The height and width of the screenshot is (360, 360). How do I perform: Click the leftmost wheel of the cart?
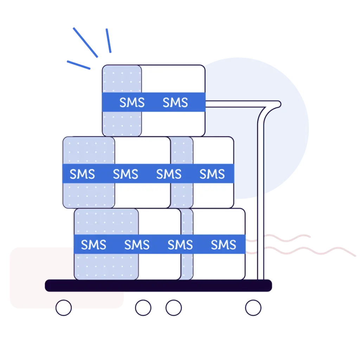(x=64, y=308)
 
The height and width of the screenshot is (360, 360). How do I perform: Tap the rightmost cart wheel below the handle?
(x=253, y=308)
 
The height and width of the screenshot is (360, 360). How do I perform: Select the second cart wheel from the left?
(x=143, y=308)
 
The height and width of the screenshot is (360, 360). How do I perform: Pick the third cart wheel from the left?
(x=174, y=308)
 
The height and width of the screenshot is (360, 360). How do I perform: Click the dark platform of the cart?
(x=158, y=285)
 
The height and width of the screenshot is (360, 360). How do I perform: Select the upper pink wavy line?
(x=281, y=239)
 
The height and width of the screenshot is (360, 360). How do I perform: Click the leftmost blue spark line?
(x=78, y=64)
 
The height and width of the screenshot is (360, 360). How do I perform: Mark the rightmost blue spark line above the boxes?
(x=108, y=41)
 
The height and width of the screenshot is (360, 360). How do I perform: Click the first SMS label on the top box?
(x=132, y=103)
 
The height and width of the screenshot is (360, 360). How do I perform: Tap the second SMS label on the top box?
(x=175, y=103)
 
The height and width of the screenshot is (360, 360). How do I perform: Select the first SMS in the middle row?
(x=82, y=174)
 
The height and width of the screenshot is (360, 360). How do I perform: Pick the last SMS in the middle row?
(x=212, y=174)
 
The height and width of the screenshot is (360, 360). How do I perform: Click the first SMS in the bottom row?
(x=94, y=245)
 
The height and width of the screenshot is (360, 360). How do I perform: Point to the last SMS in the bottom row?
(x=223, y=245)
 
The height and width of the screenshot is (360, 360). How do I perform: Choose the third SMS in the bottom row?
(x=180, y=245)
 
